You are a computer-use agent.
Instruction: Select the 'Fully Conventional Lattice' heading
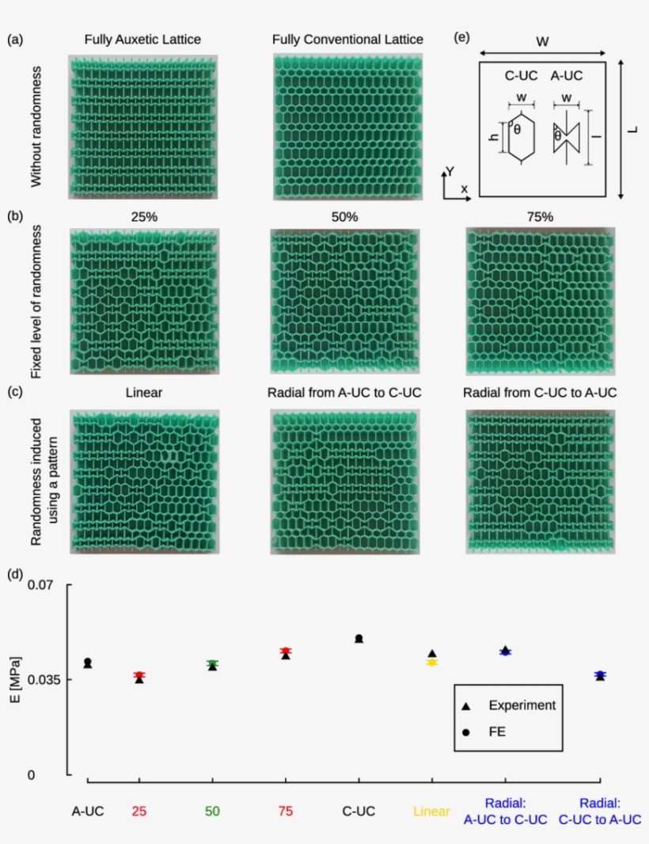[347, 39]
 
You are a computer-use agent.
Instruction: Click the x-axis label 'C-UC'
[359, 811]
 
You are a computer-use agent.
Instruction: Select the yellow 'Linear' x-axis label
[431, 811]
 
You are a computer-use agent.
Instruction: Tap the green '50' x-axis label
[212, 811]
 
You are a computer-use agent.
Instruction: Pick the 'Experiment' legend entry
[522, 705]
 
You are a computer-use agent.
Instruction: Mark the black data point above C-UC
[359, 638]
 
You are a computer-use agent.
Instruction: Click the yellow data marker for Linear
[432, 662]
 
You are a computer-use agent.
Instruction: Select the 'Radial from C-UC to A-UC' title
[540, 392]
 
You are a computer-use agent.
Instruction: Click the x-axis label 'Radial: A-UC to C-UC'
[505, 811]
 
